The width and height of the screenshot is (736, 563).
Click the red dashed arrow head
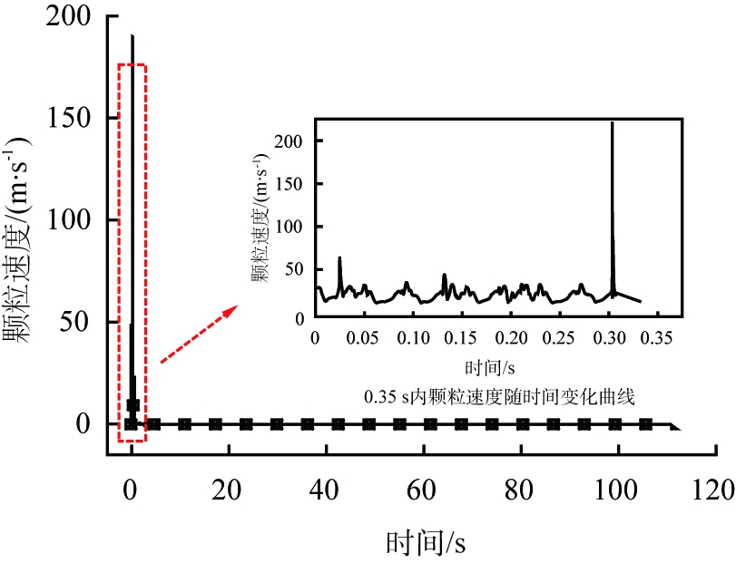pos(231,311)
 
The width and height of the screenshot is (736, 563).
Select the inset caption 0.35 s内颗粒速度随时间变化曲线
pos(497,396)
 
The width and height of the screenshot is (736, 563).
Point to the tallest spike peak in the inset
pos(613,122)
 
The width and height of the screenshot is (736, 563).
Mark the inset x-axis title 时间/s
pos(490,367)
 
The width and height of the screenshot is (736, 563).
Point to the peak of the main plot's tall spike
pos(132,36)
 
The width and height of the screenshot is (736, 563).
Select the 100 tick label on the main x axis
pos(619,491)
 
